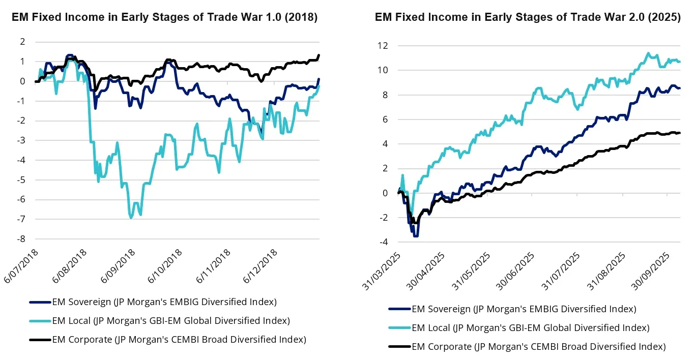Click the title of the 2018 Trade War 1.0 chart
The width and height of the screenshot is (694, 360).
[164, 17]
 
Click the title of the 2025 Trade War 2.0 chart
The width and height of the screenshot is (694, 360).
[528, 17]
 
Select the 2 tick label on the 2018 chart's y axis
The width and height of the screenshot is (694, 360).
[22, 42]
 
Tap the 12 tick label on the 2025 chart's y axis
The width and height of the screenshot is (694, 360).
[383, 46]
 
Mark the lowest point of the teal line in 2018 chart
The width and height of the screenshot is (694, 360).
[131, 218]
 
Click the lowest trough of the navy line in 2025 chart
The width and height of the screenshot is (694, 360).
[416, 236]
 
